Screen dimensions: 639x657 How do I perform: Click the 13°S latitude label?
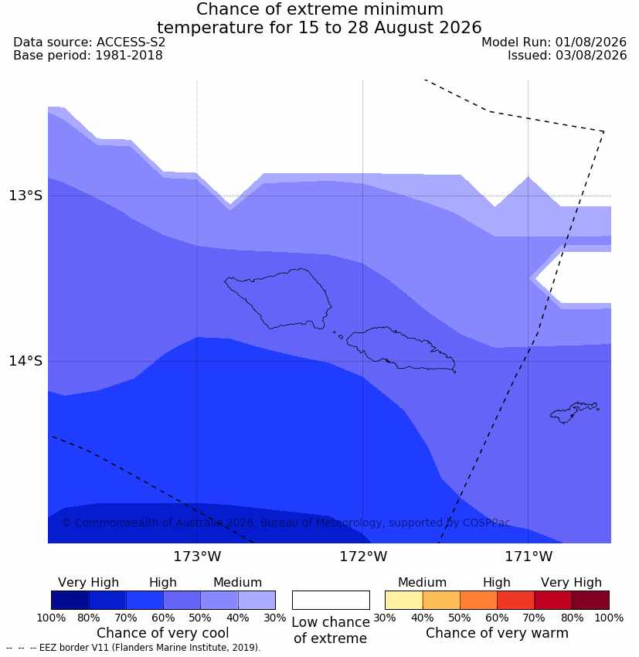(25, 196)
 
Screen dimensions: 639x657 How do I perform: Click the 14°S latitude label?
(25, 361)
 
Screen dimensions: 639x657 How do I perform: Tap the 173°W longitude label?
(197, 557)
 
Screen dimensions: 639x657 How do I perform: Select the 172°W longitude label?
(362, 557)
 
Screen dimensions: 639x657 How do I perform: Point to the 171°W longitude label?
(529, 557)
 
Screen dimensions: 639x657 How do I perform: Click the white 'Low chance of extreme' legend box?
(331, 600)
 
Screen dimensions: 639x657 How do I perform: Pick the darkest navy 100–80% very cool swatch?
(70, 600)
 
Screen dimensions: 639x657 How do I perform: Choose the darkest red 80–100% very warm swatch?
(590, 600)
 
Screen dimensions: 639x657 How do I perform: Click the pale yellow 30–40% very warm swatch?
(403, 600)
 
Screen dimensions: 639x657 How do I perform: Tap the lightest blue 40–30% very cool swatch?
(257, 600)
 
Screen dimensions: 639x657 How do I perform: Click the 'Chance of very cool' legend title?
(163, 633)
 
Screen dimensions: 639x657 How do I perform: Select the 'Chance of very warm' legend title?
(497, 633)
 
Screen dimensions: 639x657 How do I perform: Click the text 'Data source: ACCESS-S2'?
(89, 43)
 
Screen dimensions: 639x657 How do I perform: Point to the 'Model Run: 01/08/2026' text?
(554, 43)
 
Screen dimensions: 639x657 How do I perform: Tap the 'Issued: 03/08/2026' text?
(567, 56)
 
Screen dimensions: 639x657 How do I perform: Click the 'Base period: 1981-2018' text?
(88, 56)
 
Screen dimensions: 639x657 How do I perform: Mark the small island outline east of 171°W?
(573, 412)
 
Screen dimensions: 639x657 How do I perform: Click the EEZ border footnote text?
(134, 648)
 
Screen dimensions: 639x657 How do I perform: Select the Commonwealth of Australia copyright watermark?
(286, 523)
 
